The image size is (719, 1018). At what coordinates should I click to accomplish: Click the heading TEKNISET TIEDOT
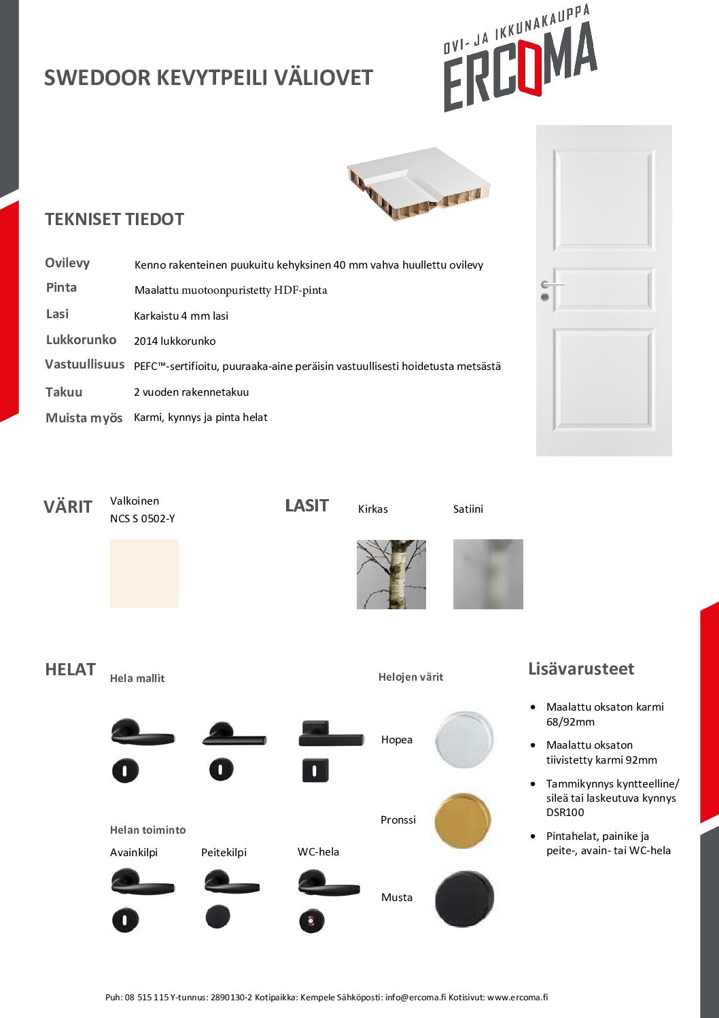pos(114,220)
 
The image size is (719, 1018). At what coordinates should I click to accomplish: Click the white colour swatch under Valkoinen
pos(144,573)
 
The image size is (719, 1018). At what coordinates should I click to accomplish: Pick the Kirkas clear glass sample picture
pos(391,575)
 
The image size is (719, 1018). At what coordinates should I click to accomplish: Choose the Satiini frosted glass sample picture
pos(488,575)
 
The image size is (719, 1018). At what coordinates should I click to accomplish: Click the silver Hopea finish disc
pos(464,739)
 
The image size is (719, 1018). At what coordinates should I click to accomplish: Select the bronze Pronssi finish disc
pos(463,820)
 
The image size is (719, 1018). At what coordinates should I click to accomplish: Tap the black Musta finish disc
pos(464,898)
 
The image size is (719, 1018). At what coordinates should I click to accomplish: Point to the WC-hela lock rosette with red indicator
pos(312,921)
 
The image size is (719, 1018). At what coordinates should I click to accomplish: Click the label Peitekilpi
pos(224,853)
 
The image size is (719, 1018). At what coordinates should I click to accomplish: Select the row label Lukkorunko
pos(81,340)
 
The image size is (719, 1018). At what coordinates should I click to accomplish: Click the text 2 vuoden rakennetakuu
pos(191,392)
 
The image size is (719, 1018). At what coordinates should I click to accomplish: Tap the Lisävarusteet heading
pos(581,669)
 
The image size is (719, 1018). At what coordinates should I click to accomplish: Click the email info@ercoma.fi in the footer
pos(415,998)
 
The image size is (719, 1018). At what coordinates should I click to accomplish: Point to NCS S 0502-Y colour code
pos(143,519)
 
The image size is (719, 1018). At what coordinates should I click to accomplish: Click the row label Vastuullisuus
pos(85,364)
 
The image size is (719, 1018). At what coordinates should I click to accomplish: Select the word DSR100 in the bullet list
pos(565,813)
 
